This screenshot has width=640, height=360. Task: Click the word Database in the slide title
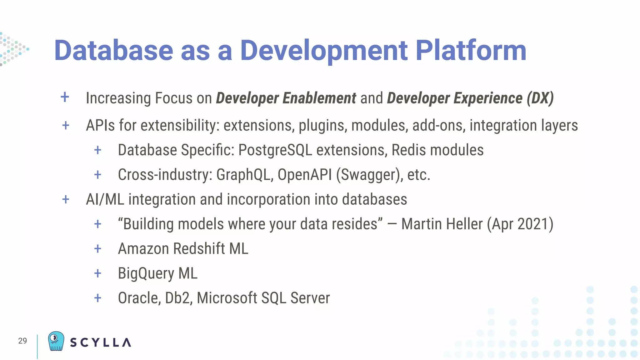click(x=113, y=51)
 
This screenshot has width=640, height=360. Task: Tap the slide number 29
click(x=22, y=341)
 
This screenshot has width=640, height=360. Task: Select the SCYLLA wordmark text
click(x=100, y=342)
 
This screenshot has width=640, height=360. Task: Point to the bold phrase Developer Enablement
click(x=286, y=98)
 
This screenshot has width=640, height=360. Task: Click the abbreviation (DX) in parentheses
click(x=540, y=98)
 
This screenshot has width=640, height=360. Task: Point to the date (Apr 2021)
click(x=520, y=224)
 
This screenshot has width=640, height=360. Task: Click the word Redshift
click(x=199, y=249)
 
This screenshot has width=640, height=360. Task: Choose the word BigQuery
click(x=146, y=274)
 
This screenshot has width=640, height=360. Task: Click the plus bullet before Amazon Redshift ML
click(x=98, y=249)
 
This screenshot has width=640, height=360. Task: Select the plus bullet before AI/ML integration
click(x=66, y=199)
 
